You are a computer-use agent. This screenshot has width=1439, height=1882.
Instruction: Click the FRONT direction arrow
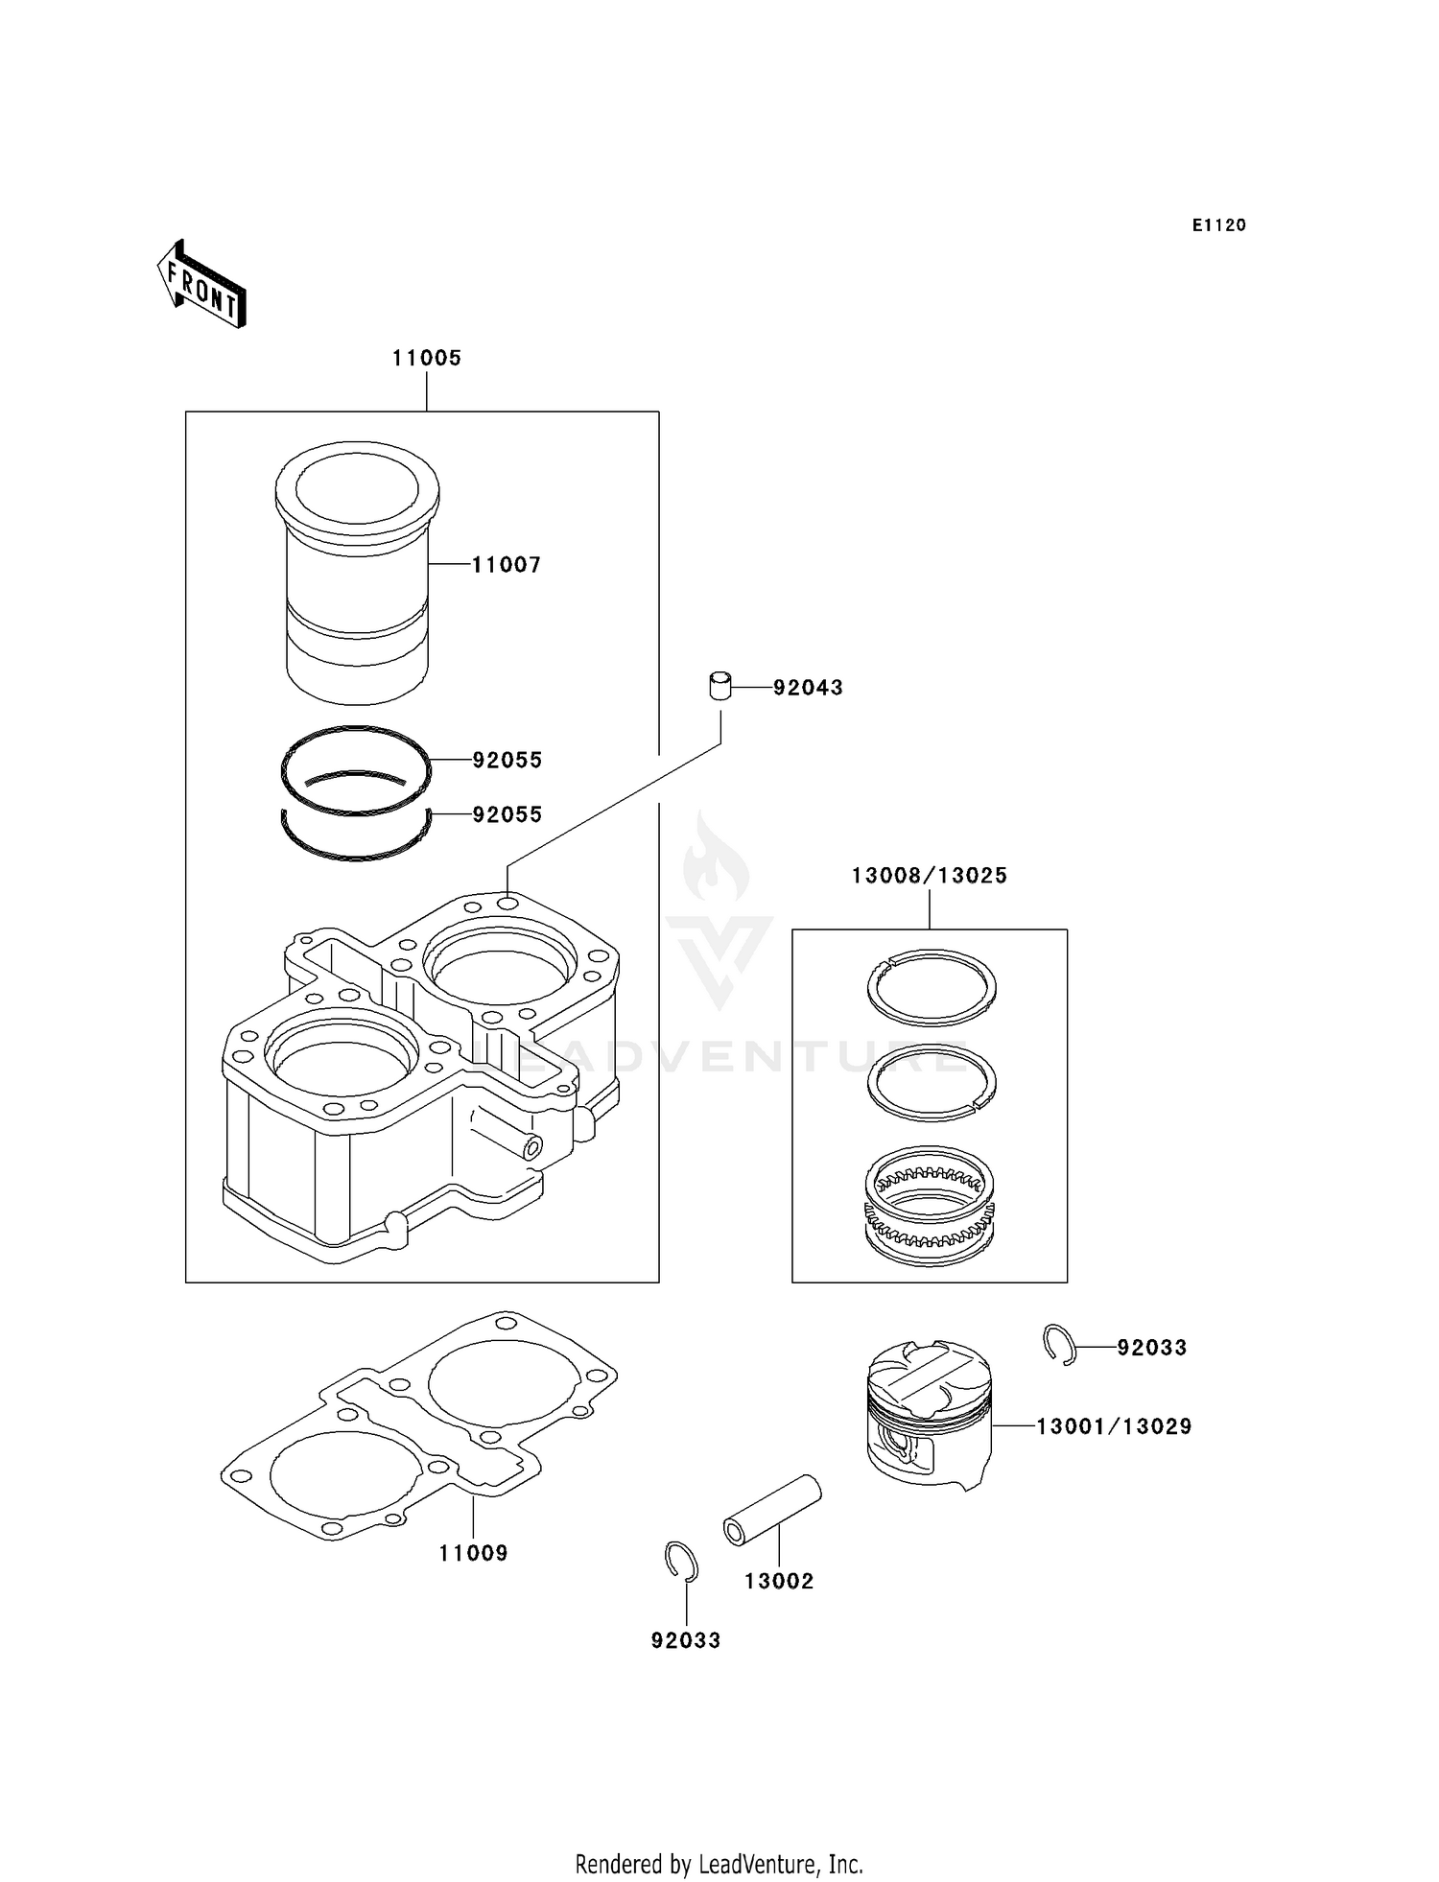tap(202, 284)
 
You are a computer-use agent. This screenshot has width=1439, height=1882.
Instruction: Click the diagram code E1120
tap(1218, 225)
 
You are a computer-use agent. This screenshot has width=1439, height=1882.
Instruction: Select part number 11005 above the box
tap(426, 358)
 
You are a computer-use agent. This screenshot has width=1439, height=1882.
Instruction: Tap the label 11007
tap(507, 565)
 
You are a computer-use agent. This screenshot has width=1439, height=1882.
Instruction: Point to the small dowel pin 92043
tap(719, 687)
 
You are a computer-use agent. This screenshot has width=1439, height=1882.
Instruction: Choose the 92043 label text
tap(808, 688)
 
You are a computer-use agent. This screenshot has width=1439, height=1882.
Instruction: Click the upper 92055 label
tap(507, 760)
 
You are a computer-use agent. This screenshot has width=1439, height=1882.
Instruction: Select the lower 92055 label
tap(507, 814)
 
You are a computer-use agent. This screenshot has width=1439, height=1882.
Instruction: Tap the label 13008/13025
tap(929, 875)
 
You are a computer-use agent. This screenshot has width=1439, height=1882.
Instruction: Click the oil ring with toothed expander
tap(930, 1206)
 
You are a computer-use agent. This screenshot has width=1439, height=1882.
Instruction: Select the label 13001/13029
tap(1113, 1426)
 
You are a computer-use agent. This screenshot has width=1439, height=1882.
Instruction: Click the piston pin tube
tap(772, 1510)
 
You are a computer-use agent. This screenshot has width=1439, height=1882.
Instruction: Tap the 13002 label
tap(778, 1581)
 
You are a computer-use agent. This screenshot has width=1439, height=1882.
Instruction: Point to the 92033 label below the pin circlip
tap(685, 1640)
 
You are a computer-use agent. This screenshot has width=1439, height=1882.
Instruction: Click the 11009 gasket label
tap(473, 1552)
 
